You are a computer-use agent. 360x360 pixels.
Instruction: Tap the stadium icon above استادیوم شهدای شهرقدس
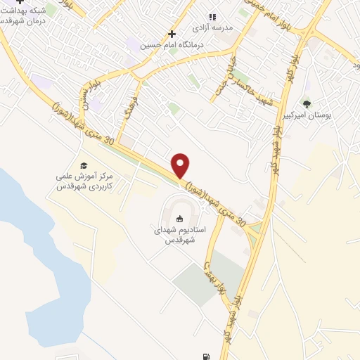179,218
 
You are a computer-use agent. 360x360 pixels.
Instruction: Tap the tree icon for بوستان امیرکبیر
306,103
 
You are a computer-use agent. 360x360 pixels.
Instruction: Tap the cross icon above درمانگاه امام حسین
171,34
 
